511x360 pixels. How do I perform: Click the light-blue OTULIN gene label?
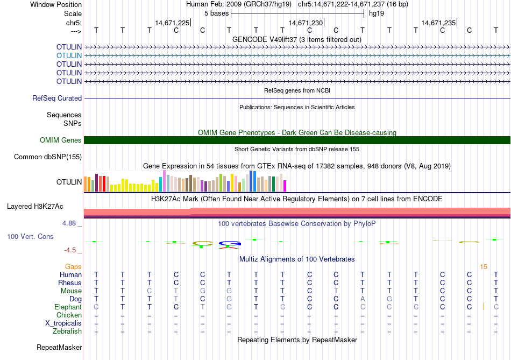coord(69,55)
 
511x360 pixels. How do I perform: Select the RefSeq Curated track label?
coord(57,98)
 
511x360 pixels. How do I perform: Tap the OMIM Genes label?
coord(61,140)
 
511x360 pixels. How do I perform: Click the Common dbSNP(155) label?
coord(48,157)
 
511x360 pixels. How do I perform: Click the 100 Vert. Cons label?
coord(30,237)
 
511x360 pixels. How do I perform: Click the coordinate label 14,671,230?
coord(306,23)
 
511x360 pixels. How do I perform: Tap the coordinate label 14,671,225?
coord(172,23)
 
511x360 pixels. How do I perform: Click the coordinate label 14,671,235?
coord(438,23)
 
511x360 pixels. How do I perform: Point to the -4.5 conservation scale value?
coord(72,250)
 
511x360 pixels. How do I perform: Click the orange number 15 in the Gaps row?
coord(484,266)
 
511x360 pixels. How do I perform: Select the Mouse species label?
coord(71,291)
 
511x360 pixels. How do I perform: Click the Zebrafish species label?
coord(67,331)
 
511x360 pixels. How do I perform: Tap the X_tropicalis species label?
coord(63,323)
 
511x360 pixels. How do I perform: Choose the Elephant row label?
coord(68,307)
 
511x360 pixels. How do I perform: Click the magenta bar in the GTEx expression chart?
coord(285,186)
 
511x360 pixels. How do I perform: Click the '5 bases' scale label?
coord(216,13)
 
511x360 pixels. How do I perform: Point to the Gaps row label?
coord(73,266)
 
